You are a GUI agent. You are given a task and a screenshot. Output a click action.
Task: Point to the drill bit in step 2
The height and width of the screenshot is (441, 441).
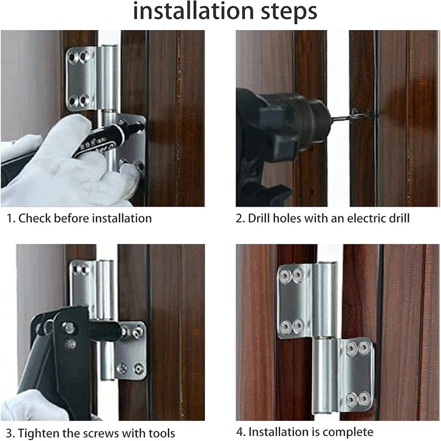click(x=350, y=116)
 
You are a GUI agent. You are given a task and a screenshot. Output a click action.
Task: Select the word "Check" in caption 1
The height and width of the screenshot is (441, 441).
click(x=34, y=218)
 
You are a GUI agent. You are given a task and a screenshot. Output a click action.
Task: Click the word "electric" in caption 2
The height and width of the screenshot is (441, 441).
click(x=361, y=219)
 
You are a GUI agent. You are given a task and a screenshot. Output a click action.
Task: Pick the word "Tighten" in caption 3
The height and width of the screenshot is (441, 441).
click(x=36, y=433)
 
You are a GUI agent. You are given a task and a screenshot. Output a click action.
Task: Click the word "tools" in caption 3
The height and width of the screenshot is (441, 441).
click(x=161, y=433)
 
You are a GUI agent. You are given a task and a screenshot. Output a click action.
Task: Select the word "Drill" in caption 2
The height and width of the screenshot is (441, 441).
click(x=259, y=219)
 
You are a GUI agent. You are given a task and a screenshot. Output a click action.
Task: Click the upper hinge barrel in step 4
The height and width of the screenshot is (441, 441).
click(x=325, y=300)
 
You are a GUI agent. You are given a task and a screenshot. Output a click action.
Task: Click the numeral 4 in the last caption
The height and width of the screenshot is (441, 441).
click(x=239, y=432)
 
